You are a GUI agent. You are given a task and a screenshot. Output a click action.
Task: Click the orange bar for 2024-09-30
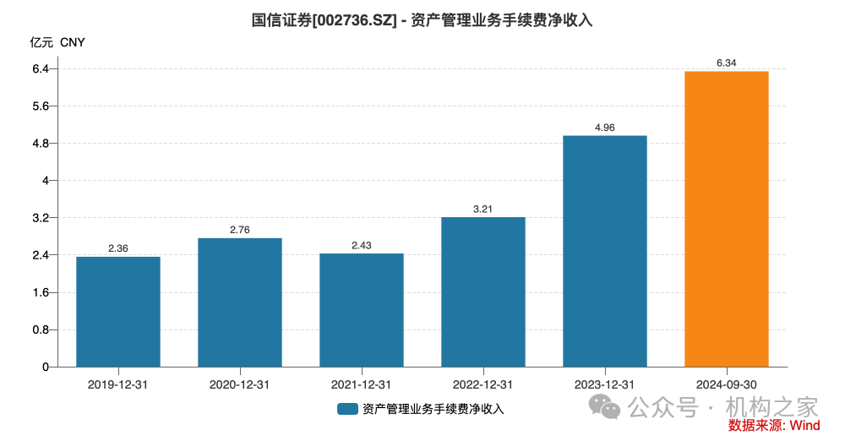coord(726,220)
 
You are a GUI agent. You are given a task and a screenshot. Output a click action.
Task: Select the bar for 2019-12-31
coord(118,312)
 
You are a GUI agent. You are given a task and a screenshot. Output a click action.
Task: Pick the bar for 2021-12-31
coord(362,310)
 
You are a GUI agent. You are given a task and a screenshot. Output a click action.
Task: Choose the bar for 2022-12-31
coord(483,292)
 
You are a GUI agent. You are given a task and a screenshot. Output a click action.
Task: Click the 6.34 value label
coord(726,63)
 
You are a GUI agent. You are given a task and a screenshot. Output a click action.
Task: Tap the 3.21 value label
coord(483,209)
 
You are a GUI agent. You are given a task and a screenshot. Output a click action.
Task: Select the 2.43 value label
coord(362,245)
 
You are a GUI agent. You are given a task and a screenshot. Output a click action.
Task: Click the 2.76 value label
coord(240,230)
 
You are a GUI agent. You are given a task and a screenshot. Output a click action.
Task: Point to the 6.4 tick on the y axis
coord(40,68)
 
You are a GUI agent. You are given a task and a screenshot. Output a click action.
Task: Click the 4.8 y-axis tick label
coord(40,143)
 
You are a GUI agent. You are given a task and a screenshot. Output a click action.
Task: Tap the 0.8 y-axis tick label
coord(40,329)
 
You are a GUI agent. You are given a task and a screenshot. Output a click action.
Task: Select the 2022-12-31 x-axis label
coord(483,384)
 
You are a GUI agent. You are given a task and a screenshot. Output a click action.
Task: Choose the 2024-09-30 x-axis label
coord(726,384)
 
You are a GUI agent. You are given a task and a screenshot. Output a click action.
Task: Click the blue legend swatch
coord(347,409)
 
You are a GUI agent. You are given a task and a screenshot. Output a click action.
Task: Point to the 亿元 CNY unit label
coord(57,42)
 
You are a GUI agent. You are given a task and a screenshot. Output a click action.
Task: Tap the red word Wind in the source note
coord(805,425)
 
